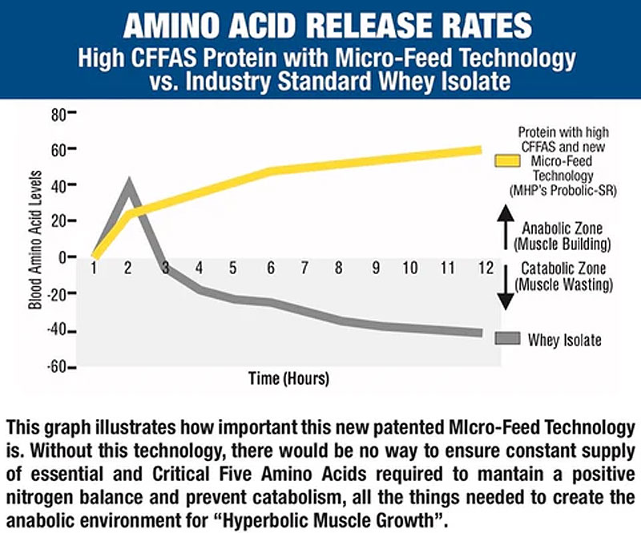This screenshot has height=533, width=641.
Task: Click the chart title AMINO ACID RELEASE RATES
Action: tap(320, 24)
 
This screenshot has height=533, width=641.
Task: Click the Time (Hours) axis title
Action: tap(288, 377)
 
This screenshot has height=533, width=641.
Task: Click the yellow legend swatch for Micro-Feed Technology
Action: tap(510, 164)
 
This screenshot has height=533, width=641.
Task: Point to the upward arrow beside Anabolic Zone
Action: tap(505, 227)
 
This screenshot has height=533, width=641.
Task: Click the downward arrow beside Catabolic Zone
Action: tap(505, 291)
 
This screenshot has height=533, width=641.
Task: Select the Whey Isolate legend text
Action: tap(564, 340)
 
